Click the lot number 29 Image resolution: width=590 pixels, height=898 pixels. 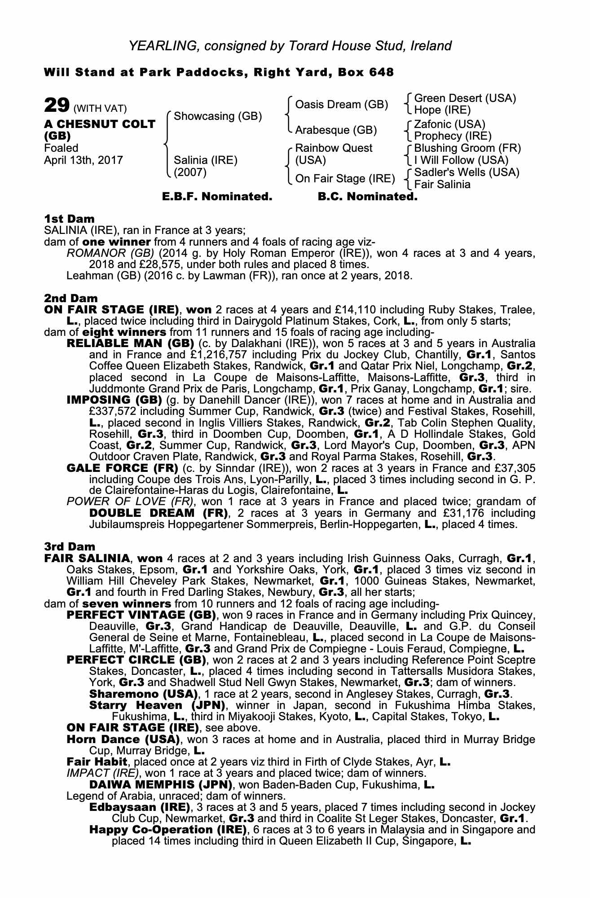pyautogui.click(x=57, y=106)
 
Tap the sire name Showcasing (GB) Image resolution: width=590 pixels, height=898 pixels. pyautogui.click(x=217, y=116)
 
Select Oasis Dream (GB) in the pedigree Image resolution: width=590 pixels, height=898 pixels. pyautogui.click(x=341, y=105)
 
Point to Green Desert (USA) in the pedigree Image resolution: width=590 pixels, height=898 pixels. pyautogui.click(x=465, y=98)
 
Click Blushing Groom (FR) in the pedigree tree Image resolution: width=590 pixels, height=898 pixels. pyautogui.click(x=467, y=148)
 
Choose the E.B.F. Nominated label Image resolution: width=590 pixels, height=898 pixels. pyautogui.click(x=217, y=197)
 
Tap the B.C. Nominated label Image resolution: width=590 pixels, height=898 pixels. pyautogui.click(x=367, y=197)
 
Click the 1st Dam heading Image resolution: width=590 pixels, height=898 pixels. pyautogui.click(x=70, y=219)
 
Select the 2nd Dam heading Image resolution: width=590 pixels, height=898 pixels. pyautogui.click(x=71, y=298)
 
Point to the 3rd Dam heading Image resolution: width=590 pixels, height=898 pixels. pyautogui.click(x=70, y=546)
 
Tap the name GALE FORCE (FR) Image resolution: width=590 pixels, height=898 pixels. pyautogui.click(x=122, y=468)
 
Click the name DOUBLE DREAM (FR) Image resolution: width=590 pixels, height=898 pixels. pyautogui.click(x=159, y=513)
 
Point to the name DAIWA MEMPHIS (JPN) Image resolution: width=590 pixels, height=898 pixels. pyautogui.click(x=161, y=785)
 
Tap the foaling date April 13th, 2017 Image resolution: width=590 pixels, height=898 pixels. pyautogui.click(x=84, y=160)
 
